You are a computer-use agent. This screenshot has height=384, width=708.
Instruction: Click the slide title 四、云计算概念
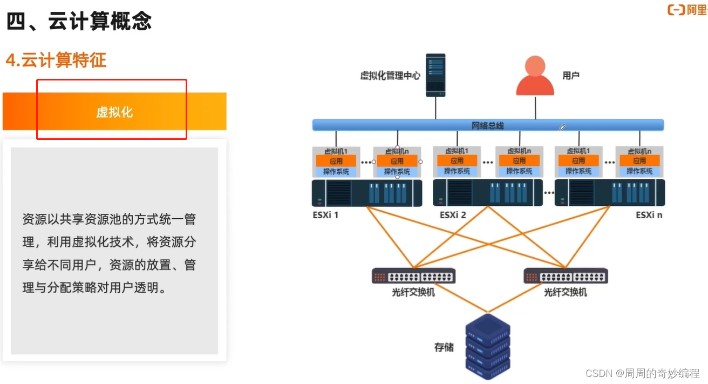pos(79,22)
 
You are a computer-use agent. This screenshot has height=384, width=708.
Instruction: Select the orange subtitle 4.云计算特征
pos(56,60)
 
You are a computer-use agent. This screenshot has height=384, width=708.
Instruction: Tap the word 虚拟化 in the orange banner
pos(114,112)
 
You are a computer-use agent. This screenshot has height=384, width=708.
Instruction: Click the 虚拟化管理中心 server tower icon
pos(435,75)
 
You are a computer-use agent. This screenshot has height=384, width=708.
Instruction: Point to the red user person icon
pos(535,76)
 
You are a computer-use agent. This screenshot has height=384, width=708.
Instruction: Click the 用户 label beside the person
pos(571,76)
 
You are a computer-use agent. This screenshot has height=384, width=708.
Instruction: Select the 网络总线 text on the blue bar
pos(487,125)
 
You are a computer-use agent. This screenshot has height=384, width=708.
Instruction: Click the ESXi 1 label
pos(325,215)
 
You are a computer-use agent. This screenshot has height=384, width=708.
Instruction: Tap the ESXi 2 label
pos(453,215)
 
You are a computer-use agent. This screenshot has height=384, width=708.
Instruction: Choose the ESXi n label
pos(649,215)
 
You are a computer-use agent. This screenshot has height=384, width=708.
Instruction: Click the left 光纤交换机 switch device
pos(413,276)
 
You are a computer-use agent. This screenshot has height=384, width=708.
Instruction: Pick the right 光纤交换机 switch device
pos(566,276)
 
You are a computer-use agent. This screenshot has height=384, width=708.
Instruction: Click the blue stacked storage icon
pos(487,346)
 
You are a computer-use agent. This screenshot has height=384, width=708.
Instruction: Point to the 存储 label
pos(444,347)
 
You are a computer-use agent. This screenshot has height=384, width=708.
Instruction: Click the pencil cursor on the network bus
pos(562,127)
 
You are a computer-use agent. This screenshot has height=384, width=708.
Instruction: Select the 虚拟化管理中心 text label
pos(390,76)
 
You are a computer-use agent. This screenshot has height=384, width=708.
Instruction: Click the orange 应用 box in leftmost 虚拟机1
pos(336,161)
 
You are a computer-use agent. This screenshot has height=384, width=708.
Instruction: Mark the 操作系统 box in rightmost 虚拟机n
pos(639,171)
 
